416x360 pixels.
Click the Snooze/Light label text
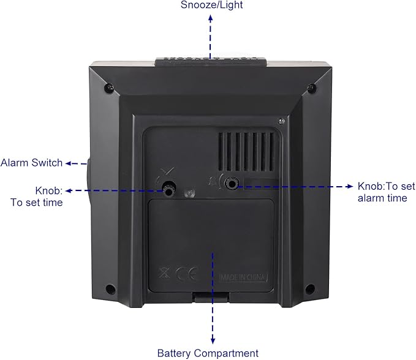(x=212, y=5)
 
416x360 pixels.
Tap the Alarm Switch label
(x=32, y=162)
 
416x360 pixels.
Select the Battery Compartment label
(x=208, y=353)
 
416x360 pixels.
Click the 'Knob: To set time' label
(x=37, y=197)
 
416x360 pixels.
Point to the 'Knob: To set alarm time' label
(x=386, y=192)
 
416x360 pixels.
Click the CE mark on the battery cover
(x=187, y=273)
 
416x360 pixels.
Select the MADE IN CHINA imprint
(x=243, y=277)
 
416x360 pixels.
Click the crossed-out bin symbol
(x=164, y=273)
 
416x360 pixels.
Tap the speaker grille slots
(x=246, y=151)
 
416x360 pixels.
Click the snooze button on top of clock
(x=211, y=62)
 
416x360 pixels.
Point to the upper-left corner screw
(x=109, y=88)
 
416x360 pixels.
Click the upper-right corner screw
(x=311, y=87)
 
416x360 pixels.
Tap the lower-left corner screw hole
(x=110, y=289)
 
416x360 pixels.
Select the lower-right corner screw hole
(x=310, y=288)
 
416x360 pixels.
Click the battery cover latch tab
(x=211, y=296)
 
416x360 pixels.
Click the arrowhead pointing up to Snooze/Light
(x=210, y=18)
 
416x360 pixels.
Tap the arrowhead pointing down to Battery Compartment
(x=213, y=340)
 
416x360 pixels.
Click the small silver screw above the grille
(x=281, y=121)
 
